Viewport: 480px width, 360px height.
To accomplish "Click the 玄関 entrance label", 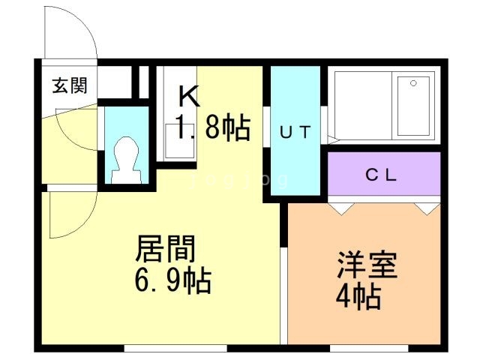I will (70, 85).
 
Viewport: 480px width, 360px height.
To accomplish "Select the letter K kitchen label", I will (188, 97).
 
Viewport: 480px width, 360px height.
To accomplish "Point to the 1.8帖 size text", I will (212, 128).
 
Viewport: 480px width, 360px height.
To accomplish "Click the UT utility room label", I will (295, 132).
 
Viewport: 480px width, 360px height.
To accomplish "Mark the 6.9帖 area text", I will (173, 282).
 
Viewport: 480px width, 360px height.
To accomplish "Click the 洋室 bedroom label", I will (367, 266).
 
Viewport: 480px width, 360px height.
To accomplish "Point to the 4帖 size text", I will (358, 298).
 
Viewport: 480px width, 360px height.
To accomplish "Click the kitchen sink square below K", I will (179, 139).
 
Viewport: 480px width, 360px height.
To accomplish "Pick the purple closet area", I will (383, 175).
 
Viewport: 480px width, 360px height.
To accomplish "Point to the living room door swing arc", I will (67, 217).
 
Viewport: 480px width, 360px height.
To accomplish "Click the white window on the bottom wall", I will (175, 347).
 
